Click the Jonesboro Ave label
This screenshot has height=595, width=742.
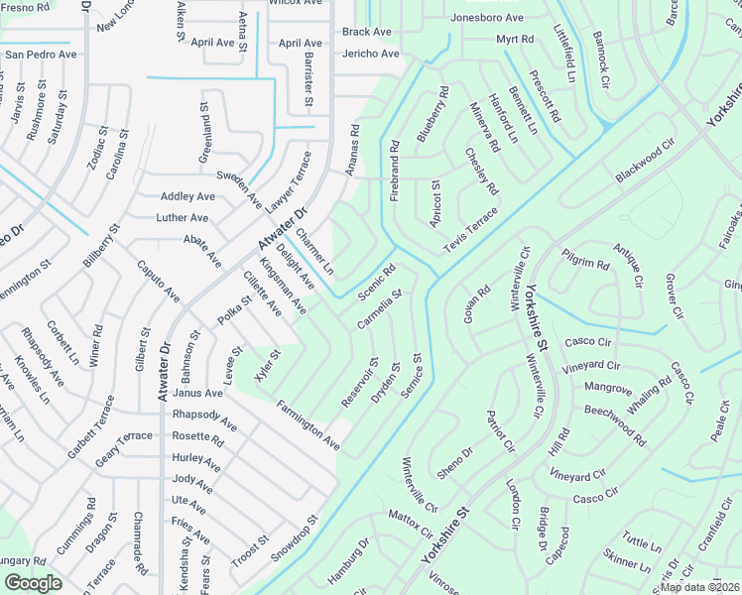coord(486,18)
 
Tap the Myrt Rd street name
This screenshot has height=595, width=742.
coord(515,39)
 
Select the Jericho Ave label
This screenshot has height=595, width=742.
coord(370,54)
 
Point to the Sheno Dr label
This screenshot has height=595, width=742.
coord(455,460)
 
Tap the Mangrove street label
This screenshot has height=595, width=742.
coord(608,388)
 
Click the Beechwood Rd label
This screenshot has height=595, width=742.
coord(614,410)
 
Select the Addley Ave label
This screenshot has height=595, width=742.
coord(187,196)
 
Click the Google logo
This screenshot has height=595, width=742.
coord(33,583)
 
